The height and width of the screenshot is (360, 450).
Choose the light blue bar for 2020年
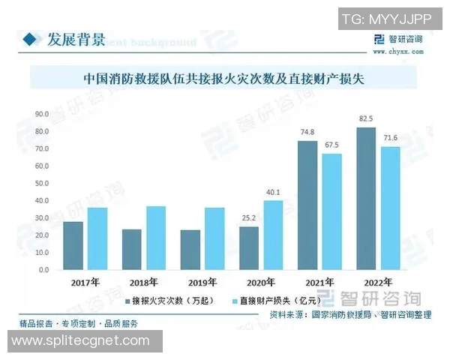point(274,235)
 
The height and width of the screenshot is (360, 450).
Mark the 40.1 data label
point(274,191)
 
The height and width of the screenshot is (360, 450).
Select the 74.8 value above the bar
point(307,132)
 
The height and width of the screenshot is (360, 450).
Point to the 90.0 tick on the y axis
point(42,114)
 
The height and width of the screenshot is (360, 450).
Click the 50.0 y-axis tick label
point(42,183)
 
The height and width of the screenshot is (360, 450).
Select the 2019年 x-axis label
point(202,283)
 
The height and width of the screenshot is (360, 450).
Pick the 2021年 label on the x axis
point(319,283)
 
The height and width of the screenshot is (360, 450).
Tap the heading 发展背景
point(76,39)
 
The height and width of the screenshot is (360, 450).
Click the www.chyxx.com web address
point(397,52)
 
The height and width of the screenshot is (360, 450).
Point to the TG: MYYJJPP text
point(387,19)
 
